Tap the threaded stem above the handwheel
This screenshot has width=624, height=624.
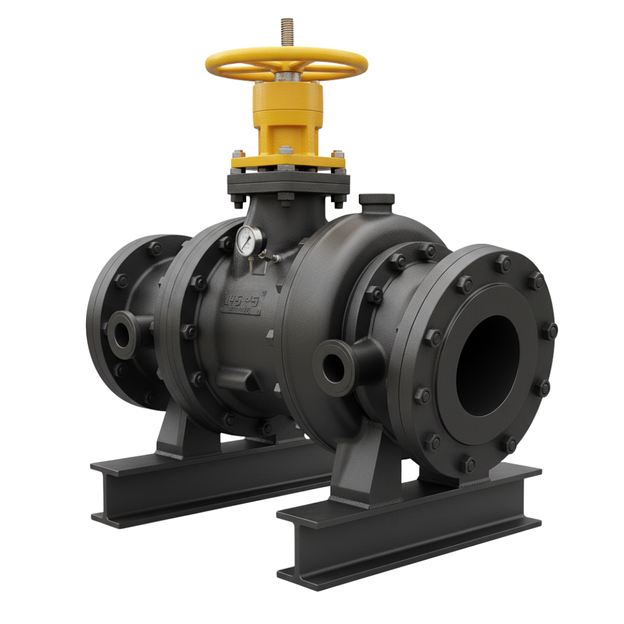[286, 31]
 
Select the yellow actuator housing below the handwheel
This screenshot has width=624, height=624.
[287, 116]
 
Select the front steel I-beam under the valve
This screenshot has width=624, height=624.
[404, 520]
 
